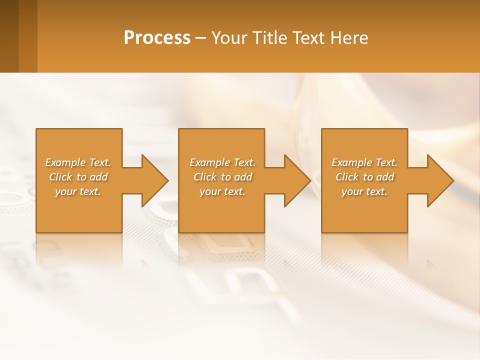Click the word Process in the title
(157, 38)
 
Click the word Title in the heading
(268, 38)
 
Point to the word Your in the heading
(229, 38)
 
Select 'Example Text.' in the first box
(78, 162)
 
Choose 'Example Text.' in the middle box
(222, 162)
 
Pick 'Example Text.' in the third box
(364, 162)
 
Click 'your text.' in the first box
(78, 191)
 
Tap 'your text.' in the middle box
(222, 191)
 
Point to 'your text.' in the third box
(364, 191)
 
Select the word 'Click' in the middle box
(205, 177)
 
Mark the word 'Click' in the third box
(347, 177)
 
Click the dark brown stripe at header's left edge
(9, 36)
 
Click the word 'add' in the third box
(385, 177)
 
